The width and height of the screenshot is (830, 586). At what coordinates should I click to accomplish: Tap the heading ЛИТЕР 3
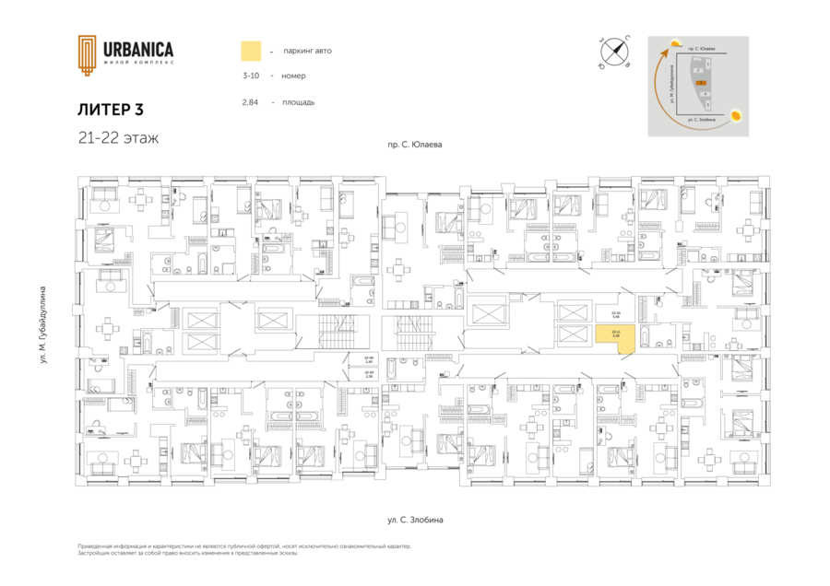[111, 110]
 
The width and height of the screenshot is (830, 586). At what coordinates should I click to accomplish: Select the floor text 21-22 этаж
[118, 139]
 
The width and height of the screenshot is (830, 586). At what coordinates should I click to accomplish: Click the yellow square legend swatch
[251, 51]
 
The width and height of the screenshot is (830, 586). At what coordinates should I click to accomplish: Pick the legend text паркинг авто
[309, 51]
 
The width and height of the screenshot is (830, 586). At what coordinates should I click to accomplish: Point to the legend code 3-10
[251, 76]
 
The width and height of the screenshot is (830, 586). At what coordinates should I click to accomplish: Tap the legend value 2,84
[250, 102]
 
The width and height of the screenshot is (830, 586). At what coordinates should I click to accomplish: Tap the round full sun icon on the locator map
[737, 115]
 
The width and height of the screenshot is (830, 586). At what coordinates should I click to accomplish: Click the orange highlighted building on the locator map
[702, 83]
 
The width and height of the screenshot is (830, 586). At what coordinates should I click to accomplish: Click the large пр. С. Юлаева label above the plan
[415, 145]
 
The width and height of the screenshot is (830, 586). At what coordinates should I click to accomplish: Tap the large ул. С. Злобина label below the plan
[415, 521]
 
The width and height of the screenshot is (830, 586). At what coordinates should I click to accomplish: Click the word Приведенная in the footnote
[99, 546]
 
